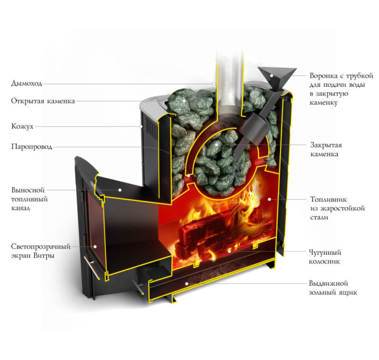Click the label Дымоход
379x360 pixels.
27,84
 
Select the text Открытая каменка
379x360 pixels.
43,101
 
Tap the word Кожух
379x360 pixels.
22,126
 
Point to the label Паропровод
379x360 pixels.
32,147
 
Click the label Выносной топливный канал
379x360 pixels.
30,199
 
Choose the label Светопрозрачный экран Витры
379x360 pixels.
41,251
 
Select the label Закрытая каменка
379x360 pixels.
326,150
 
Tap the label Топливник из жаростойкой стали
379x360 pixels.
337,208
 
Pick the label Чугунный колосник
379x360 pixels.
325,257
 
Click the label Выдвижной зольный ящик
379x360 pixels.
333,288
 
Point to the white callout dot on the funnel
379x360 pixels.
271,75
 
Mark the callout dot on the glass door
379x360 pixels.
95,247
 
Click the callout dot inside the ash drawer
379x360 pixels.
186,283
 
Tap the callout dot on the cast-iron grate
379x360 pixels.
229,251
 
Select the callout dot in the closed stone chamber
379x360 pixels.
217,145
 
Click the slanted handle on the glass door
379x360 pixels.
92,268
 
